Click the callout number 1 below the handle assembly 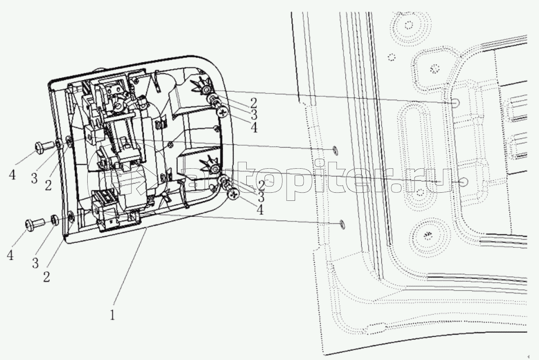(114, 316)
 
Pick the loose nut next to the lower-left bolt (55, 220)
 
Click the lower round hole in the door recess (463, 182)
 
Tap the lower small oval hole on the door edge (342, 223)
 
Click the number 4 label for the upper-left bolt (12, 175)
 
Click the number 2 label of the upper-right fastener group (253, 102)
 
